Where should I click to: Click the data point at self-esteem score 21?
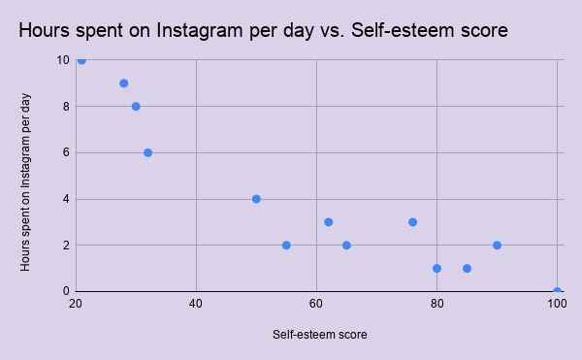coord(81,60)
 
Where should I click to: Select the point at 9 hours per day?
coord(124,83)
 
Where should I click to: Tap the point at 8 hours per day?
coord(136,107)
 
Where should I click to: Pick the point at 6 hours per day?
coord(147,152)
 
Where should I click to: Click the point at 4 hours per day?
coord(256,199)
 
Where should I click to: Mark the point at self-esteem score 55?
coord(286,245)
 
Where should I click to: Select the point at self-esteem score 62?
coord(329,222)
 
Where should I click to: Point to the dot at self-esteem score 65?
coord(346,245)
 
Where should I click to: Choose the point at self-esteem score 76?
coord(413,222)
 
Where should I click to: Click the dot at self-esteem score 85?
coord(467,269)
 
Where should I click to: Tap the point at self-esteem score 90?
coord(497,245)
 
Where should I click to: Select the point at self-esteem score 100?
coord(557,291)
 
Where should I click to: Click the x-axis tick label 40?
coord(196,305)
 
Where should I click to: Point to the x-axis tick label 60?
coord(316,305)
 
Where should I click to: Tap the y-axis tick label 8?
coord(65,107)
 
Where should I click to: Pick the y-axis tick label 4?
coord(65,199)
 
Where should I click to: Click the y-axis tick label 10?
coord(62,60)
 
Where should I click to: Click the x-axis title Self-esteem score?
coord(319,336)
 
